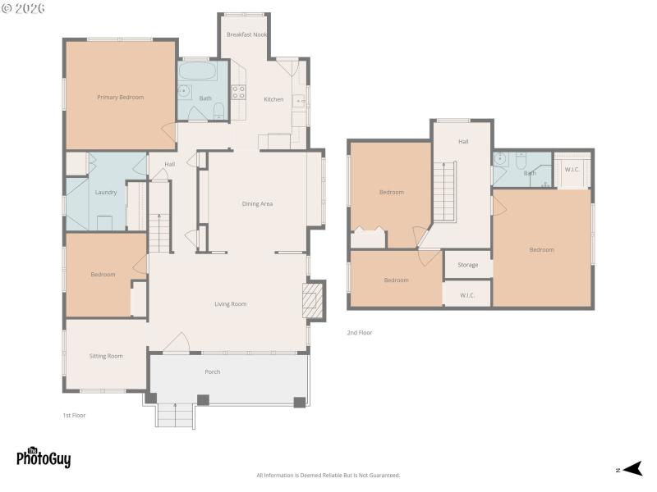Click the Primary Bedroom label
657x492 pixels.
120,98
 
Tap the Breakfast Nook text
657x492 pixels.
246,34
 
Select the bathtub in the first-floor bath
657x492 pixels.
197,71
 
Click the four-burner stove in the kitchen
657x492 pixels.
238,93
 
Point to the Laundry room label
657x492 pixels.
105,193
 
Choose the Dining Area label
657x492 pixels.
257,203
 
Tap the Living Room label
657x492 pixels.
231,304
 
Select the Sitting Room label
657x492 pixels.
106,356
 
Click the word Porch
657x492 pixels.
213,372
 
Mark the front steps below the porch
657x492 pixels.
174,415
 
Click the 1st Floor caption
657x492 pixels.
74,416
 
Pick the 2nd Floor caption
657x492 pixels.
360,333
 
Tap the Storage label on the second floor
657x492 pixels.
468,265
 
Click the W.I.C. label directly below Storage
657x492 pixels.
468,295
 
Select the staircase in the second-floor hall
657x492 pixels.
444,190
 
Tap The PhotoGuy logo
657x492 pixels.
44,457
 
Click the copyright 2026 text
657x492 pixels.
23,8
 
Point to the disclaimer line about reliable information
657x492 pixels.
328,476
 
